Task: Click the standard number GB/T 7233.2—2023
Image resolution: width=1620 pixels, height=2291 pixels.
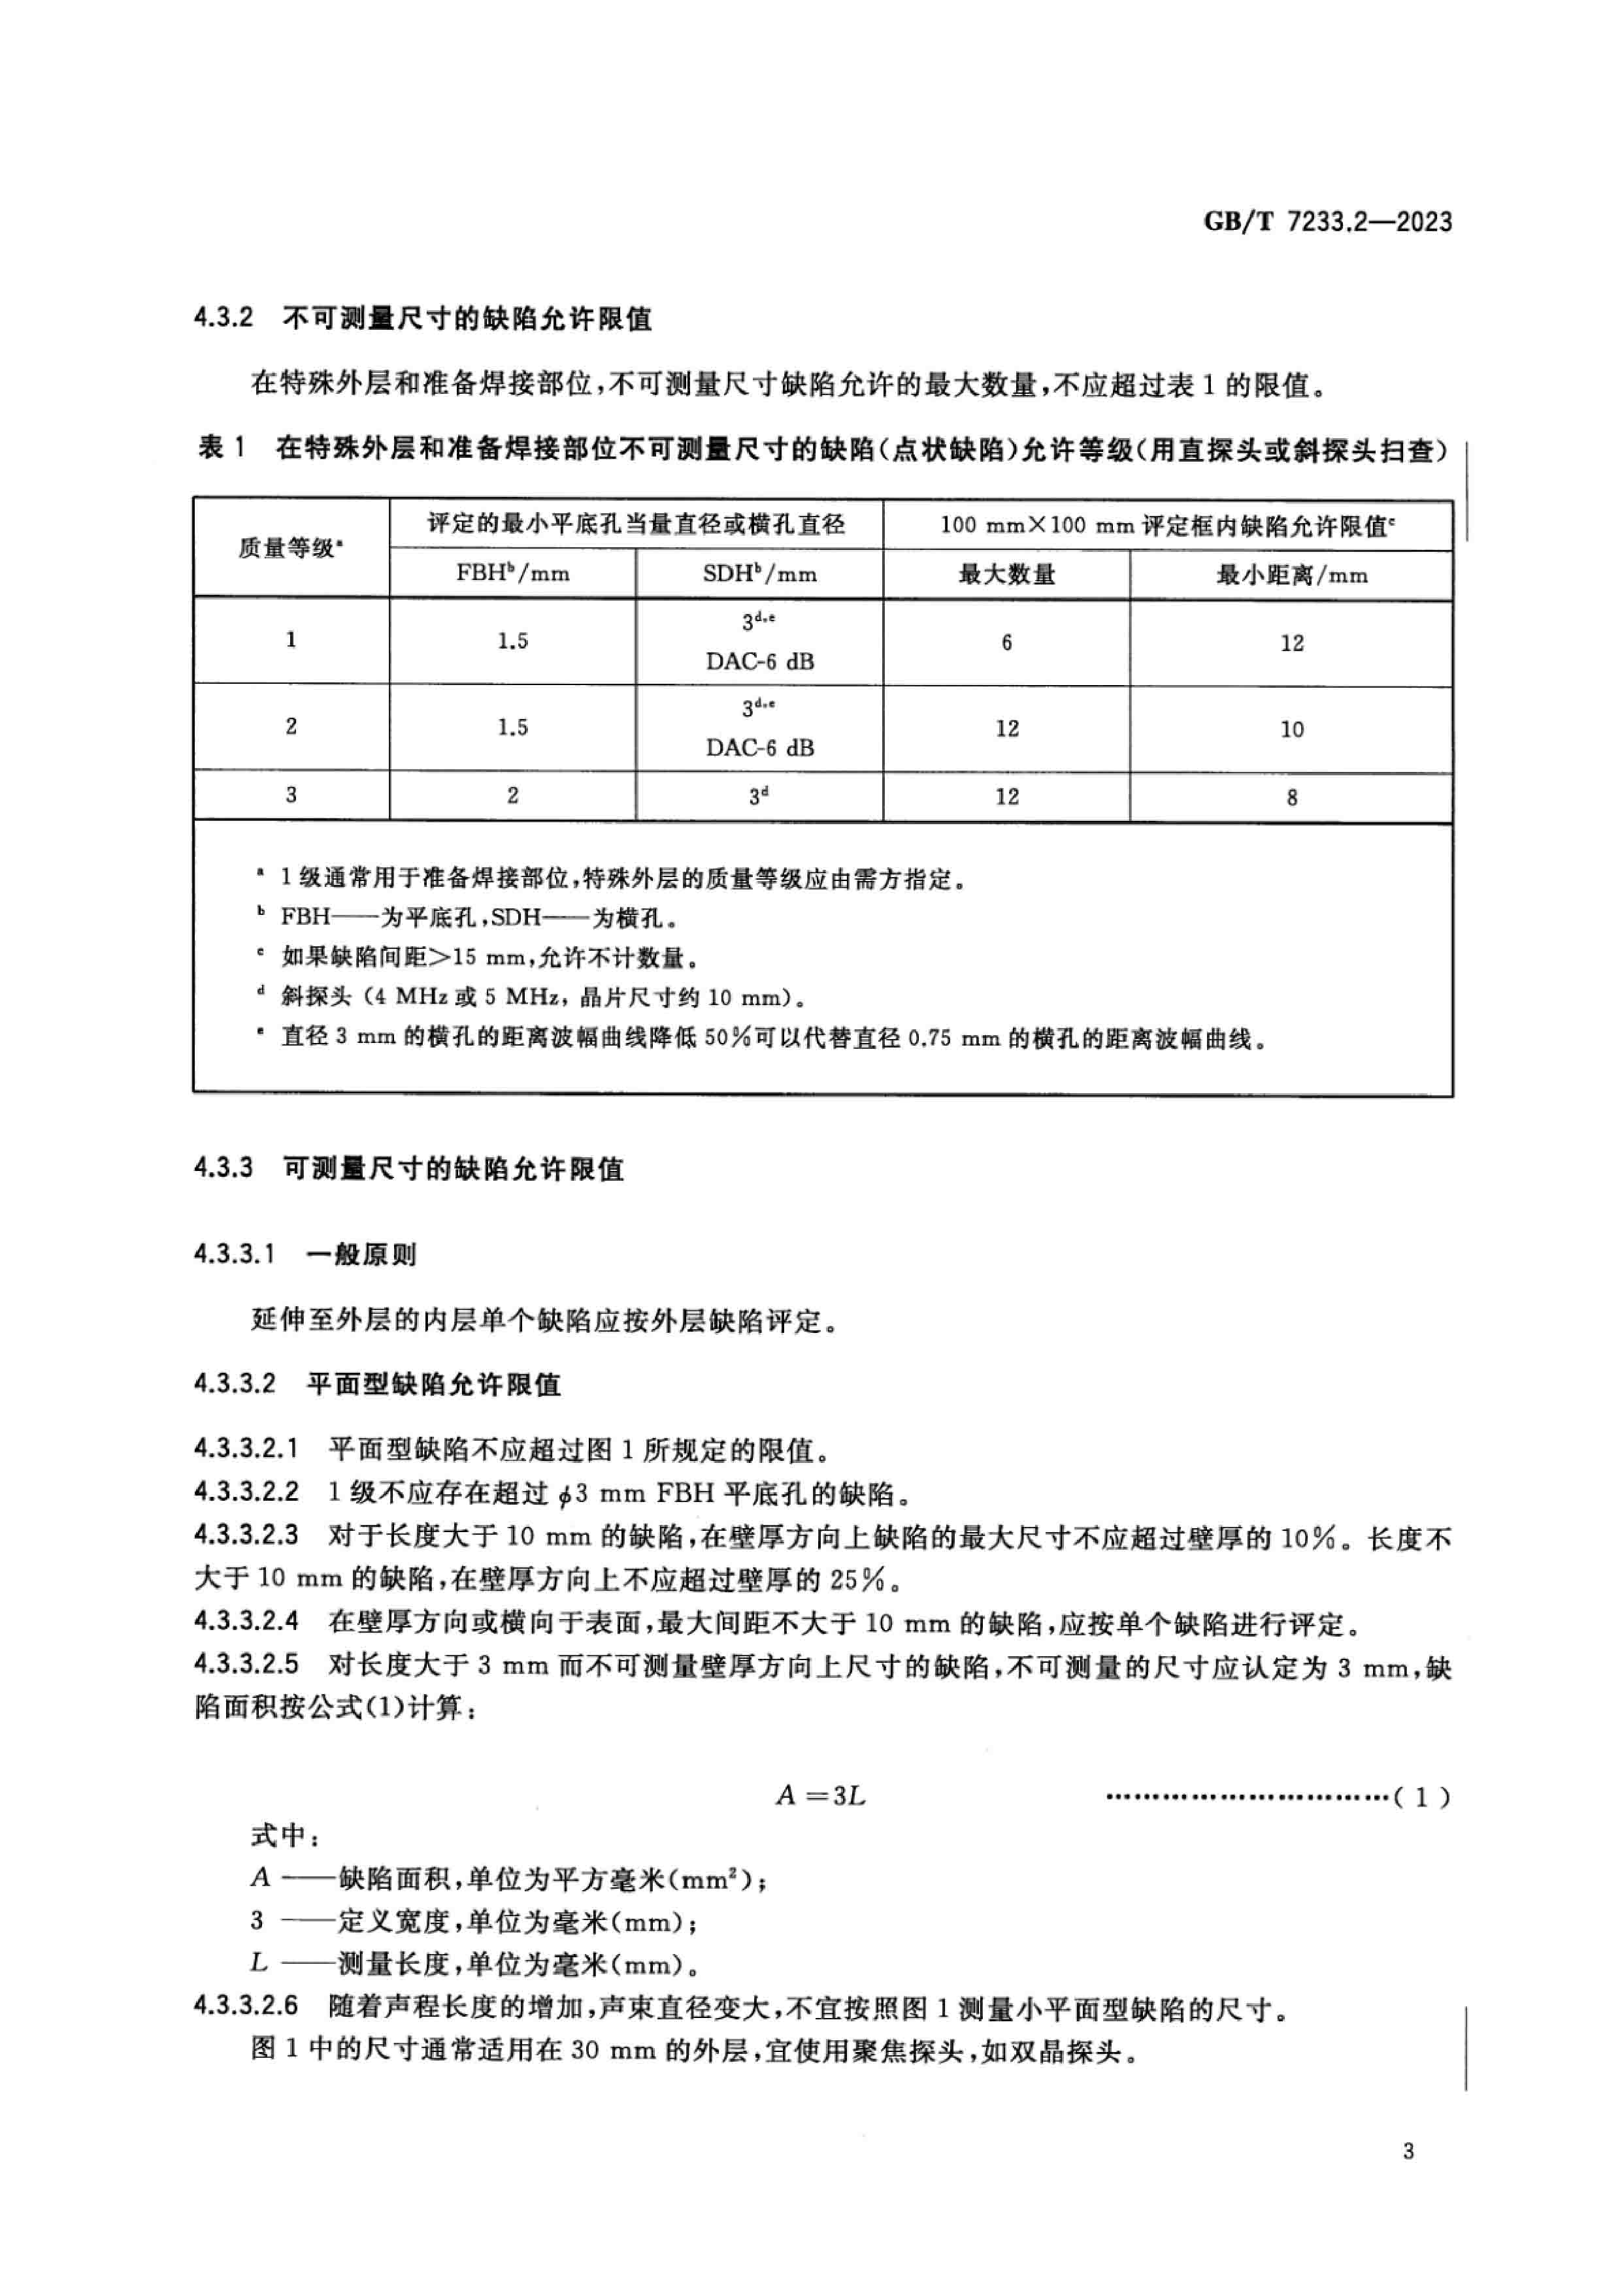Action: [1327, 221]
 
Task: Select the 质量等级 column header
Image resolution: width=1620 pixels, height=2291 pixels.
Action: [290, 548]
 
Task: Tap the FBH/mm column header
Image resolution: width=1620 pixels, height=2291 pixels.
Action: [512, 574]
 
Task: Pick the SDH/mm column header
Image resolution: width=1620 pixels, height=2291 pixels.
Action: [759, 574]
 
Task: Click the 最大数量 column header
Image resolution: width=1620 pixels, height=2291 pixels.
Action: [1006, 574]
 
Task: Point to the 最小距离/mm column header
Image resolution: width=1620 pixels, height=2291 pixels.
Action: [1291, 575]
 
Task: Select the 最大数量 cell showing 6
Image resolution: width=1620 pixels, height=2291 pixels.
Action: [1006, 643]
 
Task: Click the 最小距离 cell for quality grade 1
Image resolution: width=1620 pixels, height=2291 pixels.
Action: [1291, 643]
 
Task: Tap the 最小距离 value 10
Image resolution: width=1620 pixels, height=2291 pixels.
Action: [1291, 729]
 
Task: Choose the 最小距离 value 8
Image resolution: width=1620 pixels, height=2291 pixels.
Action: [1291, 797]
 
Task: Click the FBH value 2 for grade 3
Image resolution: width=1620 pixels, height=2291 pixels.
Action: [512, 795]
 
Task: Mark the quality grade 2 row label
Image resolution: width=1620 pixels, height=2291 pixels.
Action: [290, 726]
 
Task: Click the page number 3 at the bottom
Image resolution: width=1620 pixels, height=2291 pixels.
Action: [1408, 2151]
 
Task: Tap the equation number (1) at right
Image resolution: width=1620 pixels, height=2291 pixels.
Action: [1421, 1798]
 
